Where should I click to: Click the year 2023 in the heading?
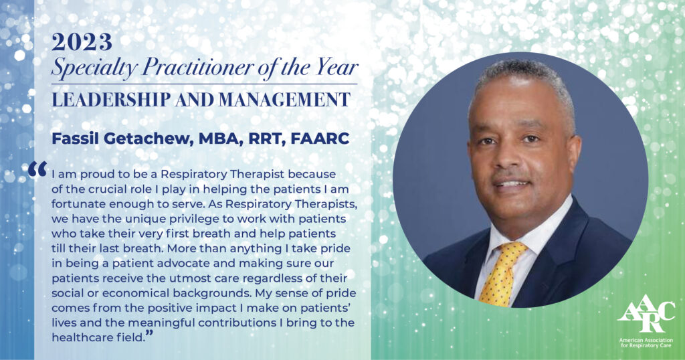82,42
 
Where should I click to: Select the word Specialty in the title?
94,68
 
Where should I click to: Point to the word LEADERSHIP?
111,100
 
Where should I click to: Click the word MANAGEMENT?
284,100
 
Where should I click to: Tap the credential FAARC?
320,139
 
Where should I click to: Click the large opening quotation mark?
37,169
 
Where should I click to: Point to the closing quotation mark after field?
149,334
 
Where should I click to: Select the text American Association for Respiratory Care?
646,343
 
